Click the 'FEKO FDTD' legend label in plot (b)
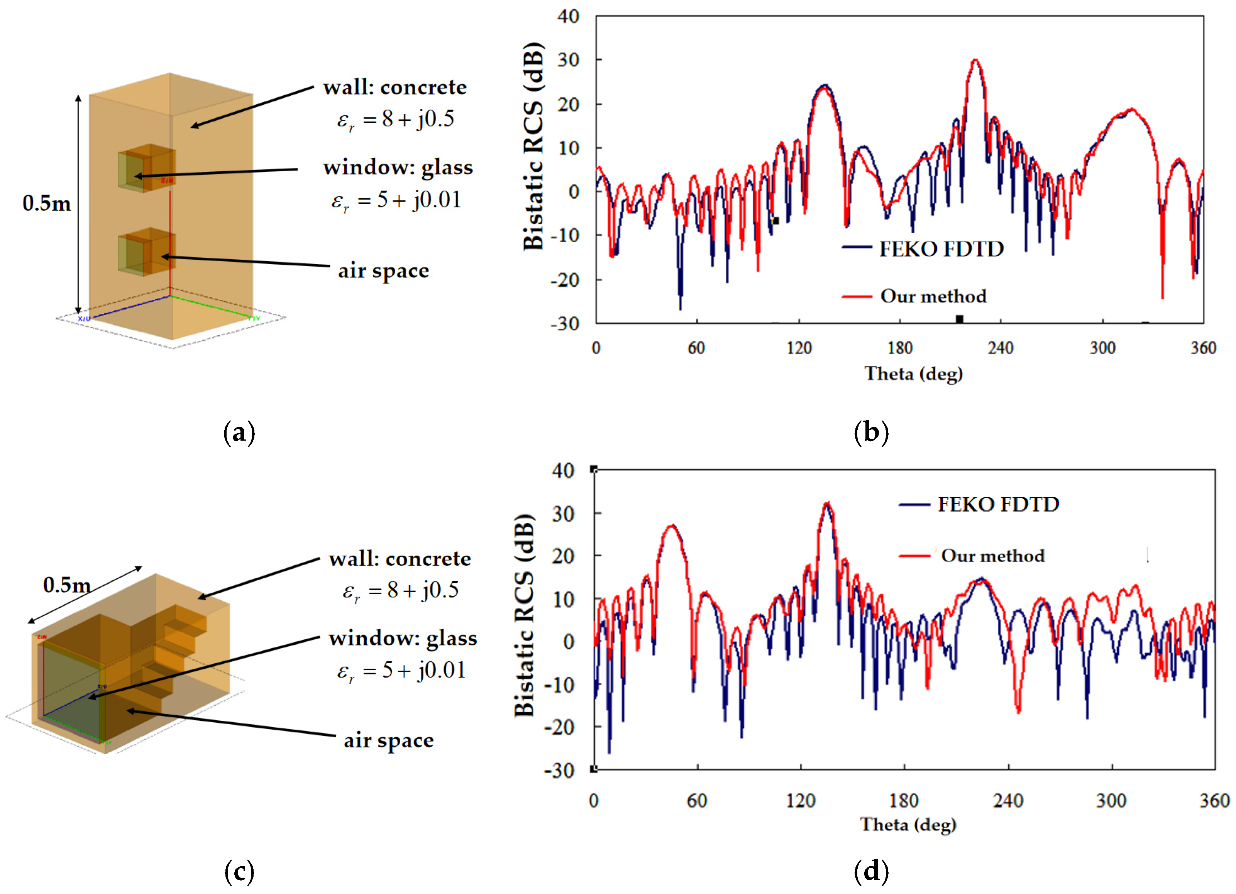941,249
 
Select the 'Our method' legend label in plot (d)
993,556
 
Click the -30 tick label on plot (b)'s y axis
565,324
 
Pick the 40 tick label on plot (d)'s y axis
563,471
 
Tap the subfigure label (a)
239,433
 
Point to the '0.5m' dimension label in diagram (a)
47,203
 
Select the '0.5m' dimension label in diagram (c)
66,585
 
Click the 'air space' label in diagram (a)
384,271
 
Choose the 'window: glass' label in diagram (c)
403,638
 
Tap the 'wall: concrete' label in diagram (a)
395,87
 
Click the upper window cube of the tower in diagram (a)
146,168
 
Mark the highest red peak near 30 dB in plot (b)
975,61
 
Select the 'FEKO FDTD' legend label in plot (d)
998,504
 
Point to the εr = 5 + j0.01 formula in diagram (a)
396,201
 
